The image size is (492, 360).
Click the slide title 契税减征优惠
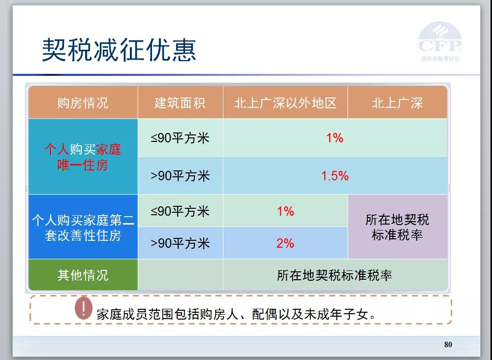click(119, 50)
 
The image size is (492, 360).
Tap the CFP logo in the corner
click(440, 41)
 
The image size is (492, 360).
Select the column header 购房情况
click(83, 103)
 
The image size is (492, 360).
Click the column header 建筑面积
click(180, 103)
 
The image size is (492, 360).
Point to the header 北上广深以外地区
click(285, 103)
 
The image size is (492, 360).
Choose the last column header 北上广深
click(397, 103)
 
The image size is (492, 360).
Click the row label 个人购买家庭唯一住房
click(83, 157)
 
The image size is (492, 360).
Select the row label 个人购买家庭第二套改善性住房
click(83, 228)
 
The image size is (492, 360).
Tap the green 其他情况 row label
click(83, 275)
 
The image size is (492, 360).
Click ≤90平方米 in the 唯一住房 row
click(180, 138)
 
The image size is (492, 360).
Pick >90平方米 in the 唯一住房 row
click(180, 176)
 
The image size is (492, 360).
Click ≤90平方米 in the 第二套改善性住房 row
click(180, 211)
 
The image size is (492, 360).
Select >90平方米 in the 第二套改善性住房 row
click(180, 243)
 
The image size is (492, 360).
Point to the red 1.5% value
click(335, 176)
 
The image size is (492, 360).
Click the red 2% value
click(285, 243)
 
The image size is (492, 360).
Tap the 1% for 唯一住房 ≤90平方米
click(335, 138)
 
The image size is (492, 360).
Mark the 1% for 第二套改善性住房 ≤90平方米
click(285, 211)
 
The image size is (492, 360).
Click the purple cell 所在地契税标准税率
click(397, 227)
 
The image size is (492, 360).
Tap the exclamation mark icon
click(84, 308)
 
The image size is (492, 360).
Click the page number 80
click(448, 345)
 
